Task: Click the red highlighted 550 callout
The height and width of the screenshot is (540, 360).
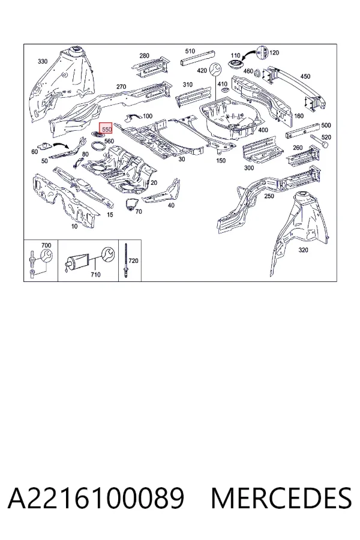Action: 106,129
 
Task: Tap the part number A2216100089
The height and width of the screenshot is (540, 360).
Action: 96,498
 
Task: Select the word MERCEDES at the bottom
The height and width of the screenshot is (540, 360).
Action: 281,498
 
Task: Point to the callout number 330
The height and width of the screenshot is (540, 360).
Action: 43,61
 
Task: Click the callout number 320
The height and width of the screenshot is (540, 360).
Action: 303,250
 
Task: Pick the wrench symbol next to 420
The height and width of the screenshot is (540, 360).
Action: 215,69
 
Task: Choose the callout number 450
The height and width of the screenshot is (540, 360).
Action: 305,76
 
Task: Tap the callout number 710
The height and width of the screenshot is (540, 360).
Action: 95,274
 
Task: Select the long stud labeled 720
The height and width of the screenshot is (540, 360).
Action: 126,262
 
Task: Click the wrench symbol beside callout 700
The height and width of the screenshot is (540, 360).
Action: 47,256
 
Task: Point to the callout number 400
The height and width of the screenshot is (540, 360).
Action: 263,130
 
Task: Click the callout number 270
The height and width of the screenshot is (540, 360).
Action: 121,87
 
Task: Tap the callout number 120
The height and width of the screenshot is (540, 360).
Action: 274,53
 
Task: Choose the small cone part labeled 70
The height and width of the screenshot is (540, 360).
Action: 130,204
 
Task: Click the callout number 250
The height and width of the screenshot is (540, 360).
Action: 269,196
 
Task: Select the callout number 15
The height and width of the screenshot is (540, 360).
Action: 110,215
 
